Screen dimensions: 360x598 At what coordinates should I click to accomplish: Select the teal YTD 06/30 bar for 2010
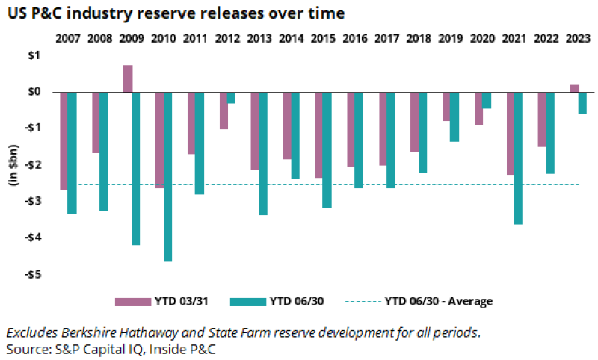point(167,176)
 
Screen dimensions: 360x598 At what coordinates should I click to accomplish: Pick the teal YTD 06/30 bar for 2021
point(518,158)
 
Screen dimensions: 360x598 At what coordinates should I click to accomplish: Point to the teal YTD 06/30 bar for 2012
point(231,97)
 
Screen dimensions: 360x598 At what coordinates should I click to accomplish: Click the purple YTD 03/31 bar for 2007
point(64,141)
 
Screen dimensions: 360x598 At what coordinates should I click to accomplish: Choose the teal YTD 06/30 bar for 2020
point(487,100)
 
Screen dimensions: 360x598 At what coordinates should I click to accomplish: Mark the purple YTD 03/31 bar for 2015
point(318,134)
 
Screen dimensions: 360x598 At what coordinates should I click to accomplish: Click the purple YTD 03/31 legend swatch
point(128,302)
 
